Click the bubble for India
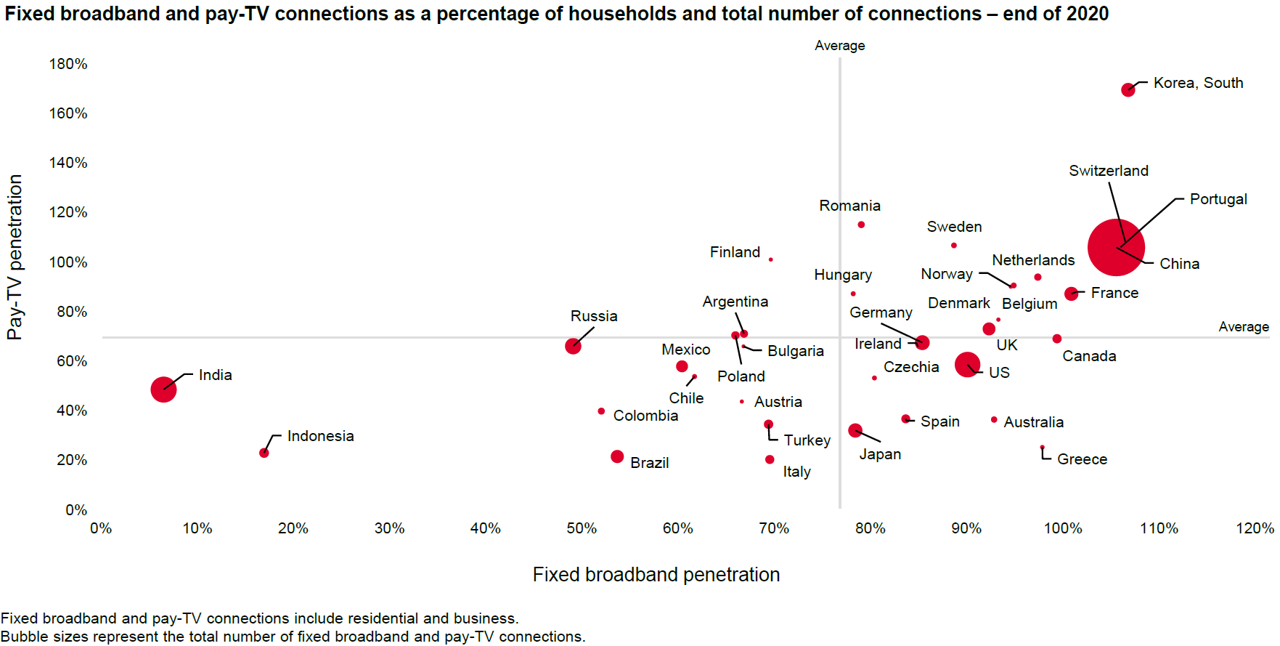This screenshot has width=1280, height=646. click(163, 389)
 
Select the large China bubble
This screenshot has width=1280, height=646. click(1116, 247)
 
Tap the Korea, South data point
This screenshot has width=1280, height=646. click(1128, 90)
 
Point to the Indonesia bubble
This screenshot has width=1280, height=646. click(264, 453)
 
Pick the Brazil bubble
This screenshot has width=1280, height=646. click(617, 456)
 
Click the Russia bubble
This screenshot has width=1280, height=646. click(573, 346)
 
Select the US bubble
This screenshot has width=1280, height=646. click(967, 364)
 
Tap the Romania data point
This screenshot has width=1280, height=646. click(861, 225)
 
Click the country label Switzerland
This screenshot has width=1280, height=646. click(1108, 171)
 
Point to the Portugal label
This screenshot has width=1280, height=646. click(1218, 199)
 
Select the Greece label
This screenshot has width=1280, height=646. click(1082, 459)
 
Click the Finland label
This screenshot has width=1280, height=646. click(735, 252)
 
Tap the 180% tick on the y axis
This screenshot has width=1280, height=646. click(68, 64)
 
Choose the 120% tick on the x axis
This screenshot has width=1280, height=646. click(1255, 528)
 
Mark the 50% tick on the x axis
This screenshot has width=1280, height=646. click(582, 528)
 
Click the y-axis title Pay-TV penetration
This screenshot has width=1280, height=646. click(15, 257)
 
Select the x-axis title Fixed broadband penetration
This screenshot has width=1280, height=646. click(656, 575)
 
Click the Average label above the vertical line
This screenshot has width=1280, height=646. click(839, 46)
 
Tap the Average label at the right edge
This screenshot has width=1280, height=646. click(1243, 327)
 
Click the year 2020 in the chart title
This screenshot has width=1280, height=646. click(1088, 14)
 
